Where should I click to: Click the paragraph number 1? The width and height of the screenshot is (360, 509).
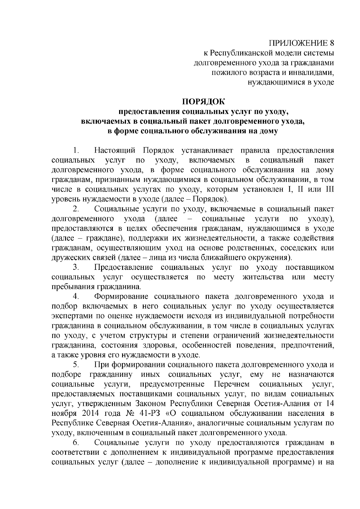[76, 150]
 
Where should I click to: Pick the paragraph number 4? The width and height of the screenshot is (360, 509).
[76, 297]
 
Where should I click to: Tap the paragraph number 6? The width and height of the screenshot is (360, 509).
[76, 443]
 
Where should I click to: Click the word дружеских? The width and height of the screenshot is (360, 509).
[69, 257]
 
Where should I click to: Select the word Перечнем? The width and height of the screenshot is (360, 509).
[232, 384]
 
